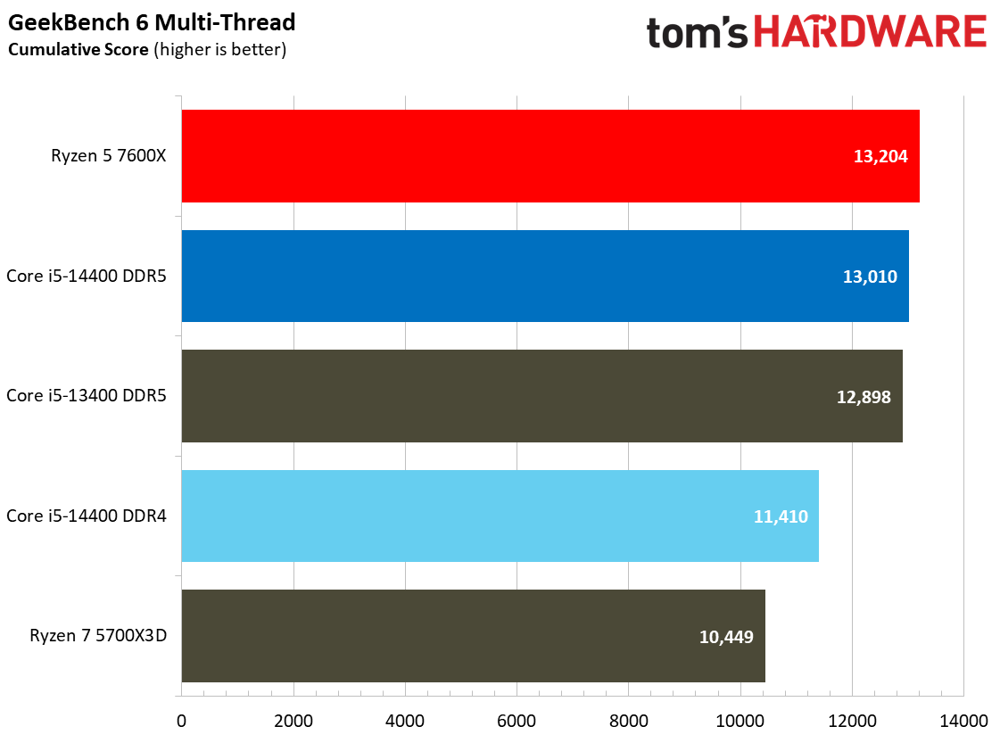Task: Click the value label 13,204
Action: coord(880,157)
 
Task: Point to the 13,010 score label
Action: coord(870,277)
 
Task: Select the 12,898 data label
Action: coord(864,397)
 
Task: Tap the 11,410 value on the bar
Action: coord(780,516)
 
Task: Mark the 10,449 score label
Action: coord(726,637)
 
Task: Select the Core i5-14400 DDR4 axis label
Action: coord(87,516)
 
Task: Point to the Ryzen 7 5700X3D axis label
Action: coord(98,637)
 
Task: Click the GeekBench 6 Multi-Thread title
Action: coord(152,21)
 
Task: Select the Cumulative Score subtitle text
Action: coord(147,49)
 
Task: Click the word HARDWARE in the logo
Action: coord(869,33)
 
